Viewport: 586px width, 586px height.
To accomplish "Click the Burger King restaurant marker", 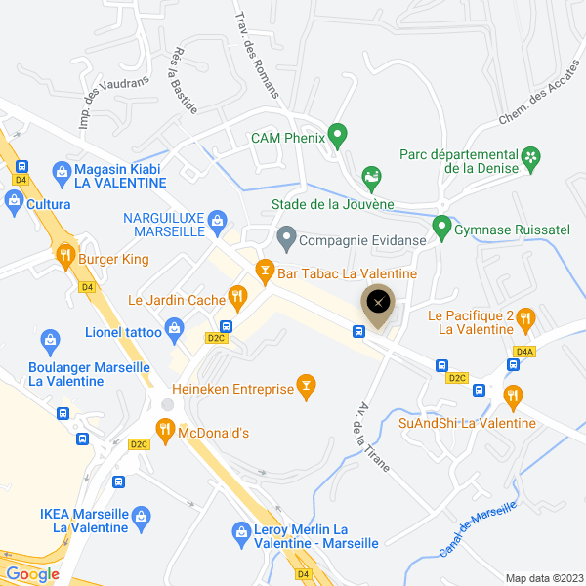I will [x=65, y=256].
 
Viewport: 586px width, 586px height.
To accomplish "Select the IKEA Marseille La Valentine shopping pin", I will [x=143, y=514].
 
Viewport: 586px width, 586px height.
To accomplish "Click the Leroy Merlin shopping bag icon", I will [x=240, y=532].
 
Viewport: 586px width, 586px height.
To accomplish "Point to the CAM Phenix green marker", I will [x=337, y=134].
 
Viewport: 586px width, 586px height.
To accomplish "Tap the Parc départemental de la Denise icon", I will [x=530, y=156].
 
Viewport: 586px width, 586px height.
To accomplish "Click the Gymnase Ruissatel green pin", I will [x=441, y=228].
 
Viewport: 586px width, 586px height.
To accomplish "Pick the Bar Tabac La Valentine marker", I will [x=264, y=270].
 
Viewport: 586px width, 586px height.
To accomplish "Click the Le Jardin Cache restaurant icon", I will [x=236, y=294].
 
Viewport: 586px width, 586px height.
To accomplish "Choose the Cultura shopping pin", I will [x=15, y=201].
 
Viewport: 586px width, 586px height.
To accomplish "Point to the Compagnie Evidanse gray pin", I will [x=286, y=236].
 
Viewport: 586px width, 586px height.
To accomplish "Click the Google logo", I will [x=32, y=574].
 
